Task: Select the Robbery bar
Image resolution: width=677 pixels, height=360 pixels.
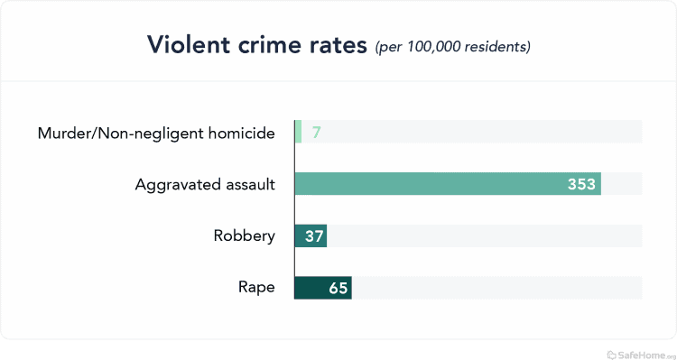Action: click(x=311, y=236)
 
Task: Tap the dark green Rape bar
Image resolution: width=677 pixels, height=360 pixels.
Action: click(x=322, y=288)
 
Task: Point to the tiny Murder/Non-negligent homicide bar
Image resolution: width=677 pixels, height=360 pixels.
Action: click(x=298, y=133)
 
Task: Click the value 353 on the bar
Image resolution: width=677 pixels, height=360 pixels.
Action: click(x=580, y=184)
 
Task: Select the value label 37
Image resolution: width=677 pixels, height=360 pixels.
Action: click(x=311, y=236)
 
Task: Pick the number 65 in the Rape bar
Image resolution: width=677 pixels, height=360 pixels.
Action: click(x=337, y=288)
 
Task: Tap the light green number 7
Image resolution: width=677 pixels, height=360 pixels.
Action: click(x=317, y=133)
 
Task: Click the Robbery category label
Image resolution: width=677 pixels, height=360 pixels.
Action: click(x=244, y=236)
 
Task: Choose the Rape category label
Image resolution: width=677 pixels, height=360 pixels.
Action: click(x=256, y=288)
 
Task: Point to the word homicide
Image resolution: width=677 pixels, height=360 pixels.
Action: click(x=243, y=134)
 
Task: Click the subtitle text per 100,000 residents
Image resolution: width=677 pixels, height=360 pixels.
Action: click(x=452, y=46)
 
